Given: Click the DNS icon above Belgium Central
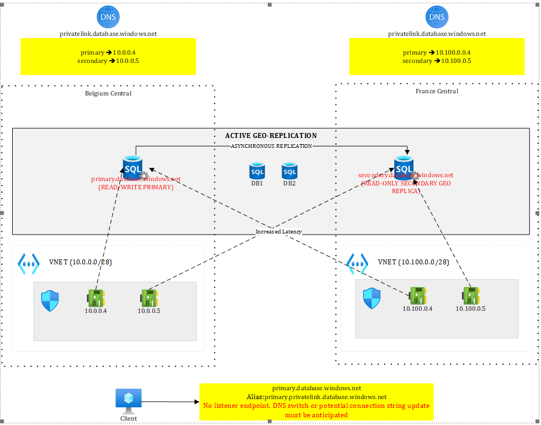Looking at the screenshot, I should (108, 17).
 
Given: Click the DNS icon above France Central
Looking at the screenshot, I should (436, 17).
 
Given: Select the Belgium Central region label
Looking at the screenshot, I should (108, 93).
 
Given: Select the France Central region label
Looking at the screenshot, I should (437, 91).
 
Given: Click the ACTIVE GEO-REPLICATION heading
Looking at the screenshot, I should (271, 136).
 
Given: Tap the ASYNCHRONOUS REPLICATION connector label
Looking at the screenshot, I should (271, 146).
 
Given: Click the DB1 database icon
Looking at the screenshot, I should (257, 171).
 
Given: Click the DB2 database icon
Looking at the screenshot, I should (290, 171).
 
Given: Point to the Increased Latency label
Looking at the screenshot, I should (279, 232).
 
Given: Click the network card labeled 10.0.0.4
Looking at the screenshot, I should (96, 299).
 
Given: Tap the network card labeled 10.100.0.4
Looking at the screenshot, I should (417, 296).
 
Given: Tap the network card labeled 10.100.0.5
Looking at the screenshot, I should (470, 296).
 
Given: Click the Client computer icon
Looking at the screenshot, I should (129, 400).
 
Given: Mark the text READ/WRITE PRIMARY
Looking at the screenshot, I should (136, 187).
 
